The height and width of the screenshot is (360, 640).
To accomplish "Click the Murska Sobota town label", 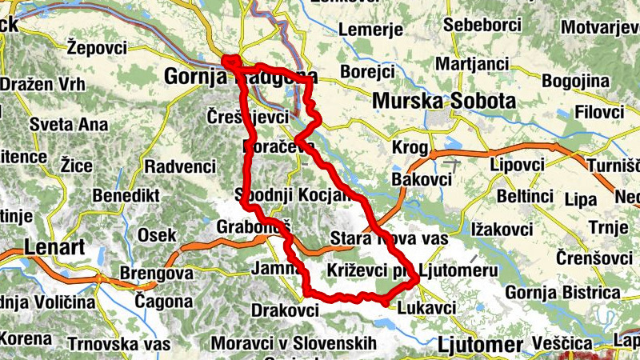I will (444, 102).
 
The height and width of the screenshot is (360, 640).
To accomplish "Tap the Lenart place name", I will (54, 246).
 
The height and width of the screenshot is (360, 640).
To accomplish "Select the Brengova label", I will (157, 273).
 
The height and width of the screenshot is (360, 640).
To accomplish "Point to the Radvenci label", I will (181, 166).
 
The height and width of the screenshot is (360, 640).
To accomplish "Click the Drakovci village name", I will (286, 309).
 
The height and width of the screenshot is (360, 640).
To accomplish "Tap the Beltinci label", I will (525, 194).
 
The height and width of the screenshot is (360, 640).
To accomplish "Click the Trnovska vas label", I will (119, 344).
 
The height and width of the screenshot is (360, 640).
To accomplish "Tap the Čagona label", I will (163, 302).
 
